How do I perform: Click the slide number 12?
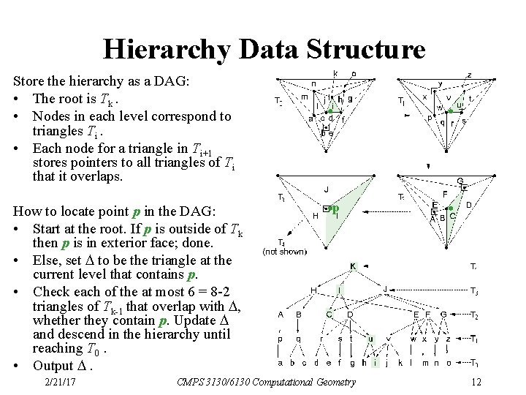[476, 382]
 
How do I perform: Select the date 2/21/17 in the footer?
[61, 382]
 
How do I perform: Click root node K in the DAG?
[353, 266]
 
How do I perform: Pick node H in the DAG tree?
[313, 290]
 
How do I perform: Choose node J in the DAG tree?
[385, 290]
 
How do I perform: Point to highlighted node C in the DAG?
[329, 315]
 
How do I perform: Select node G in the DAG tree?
[443, 315]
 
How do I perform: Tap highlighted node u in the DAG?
[370, 339]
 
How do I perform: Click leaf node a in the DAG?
[281, 362]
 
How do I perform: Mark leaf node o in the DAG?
[448, 362]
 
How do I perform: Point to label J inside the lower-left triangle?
[326, 190]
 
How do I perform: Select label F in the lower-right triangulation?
[445, 194]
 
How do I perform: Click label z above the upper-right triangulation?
[468, 74]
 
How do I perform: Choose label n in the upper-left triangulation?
[313, 83]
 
